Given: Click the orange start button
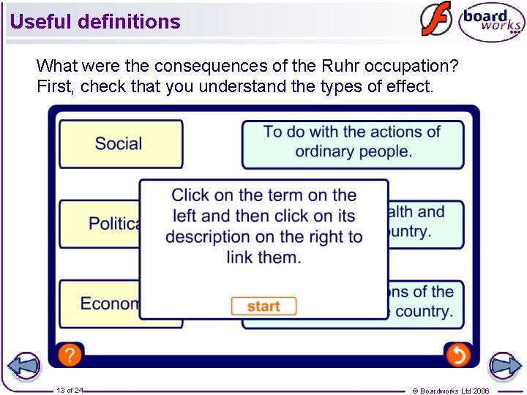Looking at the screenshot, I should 263,306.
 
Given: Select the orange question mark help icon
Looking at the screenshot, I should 69,355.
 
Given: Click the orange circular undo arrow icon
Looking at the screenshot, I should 457,355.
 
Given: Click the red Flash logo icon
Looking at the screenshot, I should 436,20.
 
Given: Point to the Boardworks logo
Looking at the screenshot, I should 491,22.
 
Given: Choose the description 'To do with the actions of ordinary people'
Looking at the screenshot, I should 353,142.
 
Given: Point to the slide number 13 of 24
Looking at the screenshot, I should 70,391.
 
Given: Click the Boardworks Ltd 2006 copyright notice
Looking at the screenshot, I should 451,391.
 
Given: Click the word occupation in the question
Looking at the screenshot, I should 422,66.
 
